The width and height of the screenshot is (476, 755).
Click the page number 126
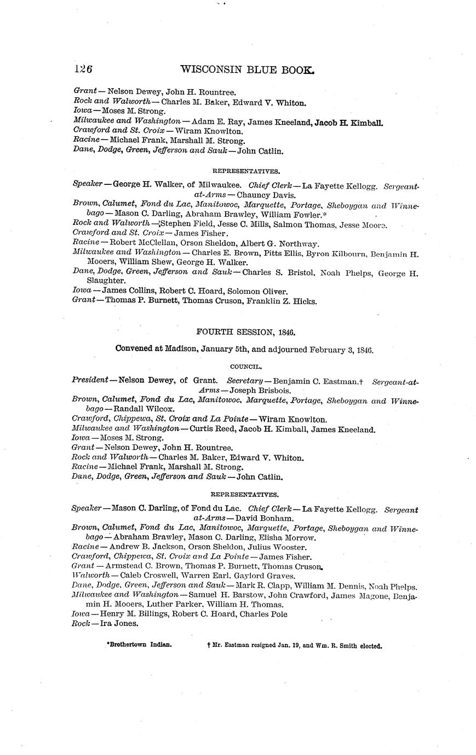(83, 69)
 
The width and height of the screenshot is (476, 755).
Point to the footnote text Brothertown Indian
(139, 645)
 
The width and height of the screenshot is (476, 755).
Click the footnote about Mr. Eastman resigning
(294, 646)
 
